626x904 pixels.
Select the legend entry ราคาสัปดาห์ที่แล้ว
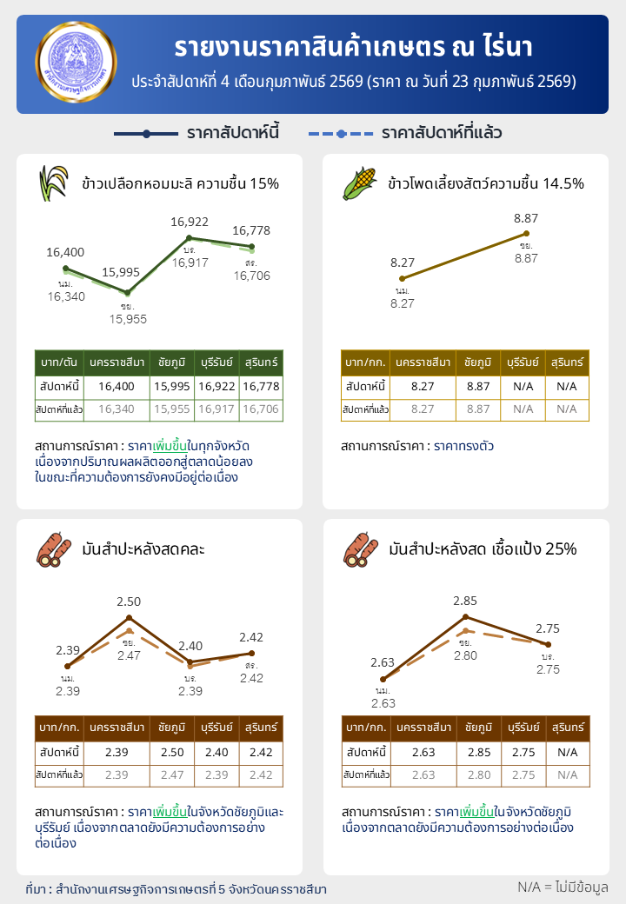coord(405,134)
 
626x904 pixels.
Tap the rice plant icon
coord(53,183)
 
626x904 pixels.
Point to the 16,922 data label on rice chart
coord(189,223)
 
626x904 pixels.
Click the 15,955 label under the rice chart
coord(128,319)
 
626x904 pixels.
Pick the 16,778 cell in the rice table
coord(261,386)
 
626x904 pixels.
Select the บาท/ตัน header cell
coord(59,362)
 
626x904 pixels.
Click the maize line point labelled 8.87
coord(526,233)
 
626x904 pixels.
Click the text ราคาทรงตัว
coord(463,446)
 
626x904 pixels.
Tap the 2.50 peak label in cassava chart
coord(129,602)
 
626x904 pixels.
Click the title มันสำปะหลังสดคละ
coord(143,549)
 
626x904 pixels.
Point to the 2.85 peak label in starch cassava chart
coord(465,601)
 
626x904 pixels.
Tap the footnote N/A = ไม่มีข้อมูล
coord(563,887)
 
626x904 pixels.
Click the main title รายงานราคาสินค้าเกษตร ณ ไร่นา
coord(353,48)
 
